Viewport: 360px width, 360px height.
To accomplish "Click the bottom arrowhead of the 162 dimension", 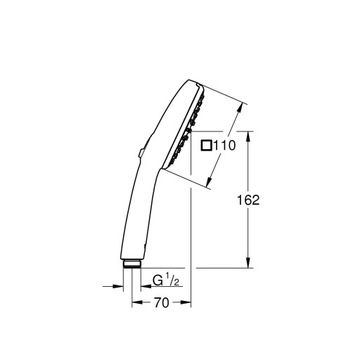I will [x=248, y=264].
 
